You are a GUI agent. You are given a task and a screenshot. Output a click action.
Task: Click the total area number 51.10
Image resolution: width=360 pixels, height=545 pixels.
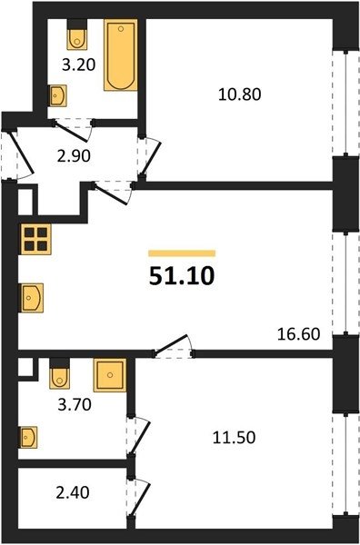tap(182, 277)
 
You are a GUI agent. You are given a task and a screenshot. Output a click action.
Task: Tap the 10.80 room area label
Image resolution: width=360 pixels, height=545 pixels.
tap(240, 94)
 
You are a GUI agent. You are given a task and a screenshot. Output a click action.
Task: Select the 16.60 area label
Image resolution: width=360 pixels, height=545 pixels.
tap(299, 334)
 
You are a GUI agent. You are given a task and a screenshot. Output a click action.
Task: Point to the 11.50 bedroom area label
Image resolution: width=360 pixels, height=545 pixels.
tap(234, 437)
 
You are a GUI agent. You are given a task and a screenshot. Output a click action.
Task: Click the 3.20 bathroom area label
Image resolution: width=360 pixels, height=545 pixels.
tap(78, 64)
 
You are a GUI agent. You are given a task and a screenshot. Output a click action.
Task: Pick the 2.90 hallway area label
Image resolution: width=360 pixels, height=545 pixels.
tap(74, 156)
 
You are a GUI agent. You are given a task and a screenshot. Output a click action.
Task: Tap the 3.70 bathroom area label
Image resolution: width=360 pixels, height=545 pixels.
tap(75, 404)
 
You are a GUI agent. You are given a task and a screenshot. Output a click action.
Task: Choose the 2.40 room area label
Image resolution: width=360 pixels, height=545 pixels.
tap(73, 492)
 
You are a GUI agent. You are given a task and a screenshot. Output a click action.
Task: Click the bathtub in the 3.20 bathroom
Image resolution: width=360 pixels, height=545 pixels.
tap(120, 54)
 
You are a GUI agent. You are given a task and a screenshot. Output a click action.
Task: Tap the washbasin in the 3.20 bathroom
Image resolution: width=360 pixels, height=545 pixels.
tap(57, 95)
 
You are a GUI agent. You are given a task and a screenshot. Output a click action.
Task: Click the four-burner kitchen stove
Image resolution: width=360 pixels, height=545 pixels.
tap(35, 239)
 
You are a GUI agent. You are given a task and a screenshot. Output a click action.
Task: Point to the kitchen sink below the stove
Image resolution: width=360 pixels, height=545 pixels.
tap(32, 298)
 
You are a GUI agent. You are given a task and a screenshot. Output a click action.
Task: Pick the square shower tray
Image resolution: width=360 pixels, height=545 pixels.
tap(110, 375)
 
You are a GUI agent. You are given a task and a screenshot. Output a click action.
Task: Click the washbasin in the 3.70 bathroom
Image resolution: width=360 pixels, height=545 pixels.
tap(28, 437)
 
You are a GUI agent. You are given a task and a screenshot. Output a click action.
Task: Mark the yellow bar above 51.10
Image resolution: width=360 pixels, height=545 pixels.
tap(182, 253)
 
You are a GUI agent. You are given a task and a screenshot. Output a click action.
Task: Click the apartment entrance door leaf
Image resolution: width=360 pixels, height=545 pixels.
tap(21, 153)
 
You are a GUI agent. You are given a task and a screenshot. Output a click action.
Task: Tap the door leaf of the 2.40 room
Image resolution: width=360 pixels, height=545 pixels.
tap(140, 500)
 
